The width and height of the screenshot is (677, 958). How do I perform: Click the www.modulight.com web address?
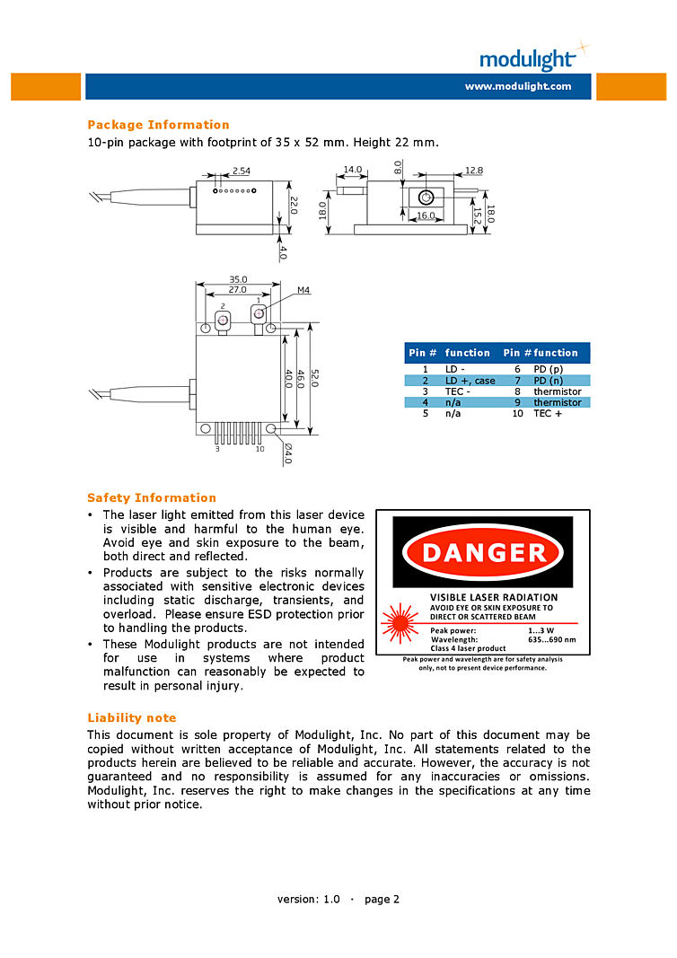click(517, 86)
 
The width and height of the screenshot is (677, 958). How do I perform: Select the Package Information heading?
click(158, 125)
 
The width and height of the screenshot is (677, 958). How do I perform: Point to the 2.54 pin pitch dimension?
click(242, 171)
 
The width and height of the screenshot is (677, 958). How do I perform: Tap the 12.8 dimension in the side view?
click(474, 170)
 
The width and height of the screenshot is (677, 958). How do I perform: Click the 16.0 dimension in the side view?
click(425, 215)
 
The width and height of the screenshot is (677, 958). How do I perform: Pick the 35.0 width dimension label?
click(238, 279)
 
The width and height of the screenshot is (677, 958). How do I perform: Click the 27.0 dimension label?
click(238, 290)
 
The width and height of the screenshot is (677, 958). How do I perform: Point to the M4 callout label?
click(303, 290)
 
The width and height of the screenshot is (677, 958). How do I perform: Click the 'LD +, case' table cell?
click(470, 381)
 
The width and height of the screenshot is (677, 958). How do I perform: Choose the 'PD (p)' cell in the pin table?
click(548, 369)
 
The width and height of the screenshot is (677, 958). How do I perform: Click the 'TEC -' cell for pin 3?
click(458, 391)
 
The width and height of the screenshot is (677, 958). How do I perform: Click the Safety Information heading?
click(152, 497)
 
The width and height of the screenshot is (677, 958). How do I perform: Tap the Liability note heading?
click(131, 717)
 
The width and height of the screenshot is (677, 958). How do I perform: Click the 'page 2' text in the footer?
click(382, 899)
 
